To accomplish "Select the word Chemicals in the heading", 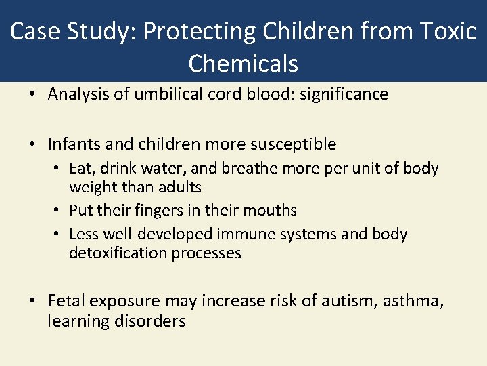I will [243, 63].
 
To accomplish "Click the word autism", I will [349, 301].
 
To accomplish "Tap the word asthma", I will [413, 301].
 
